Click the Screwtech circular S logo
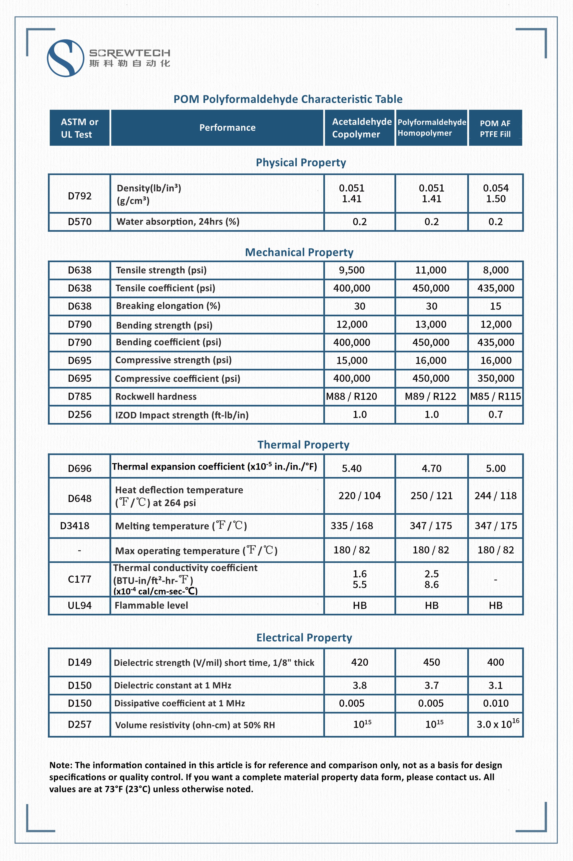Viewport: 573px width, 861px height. pos(65,58)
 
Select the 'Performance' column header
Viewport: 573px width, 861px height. pos(227,128)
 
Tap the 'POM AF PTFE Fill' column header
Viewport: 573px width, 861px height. pos(495,128)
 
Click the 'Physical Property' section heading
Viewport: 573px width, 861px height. pos(300,162)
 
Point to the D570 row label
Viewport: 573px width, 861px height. pos(79,222)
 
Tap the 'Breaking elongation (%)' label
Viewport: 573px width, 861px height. pos(168,306)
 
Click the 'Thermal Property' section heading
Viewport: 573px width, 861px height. pos(303,444)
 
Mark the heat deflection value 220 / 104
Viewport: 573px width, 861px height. pos(359,496)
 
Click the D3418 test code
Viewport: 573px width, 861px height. pos(75,526)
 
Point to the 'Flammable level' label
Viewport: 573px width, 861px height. pos(151,605)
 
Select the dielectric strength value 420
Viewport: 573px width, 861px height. pos(359,662)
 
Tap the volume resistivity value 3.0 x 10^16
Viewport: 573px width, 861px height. pos(497,724)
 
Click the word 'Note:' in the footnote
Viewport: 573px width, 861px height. pos(61,765)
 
